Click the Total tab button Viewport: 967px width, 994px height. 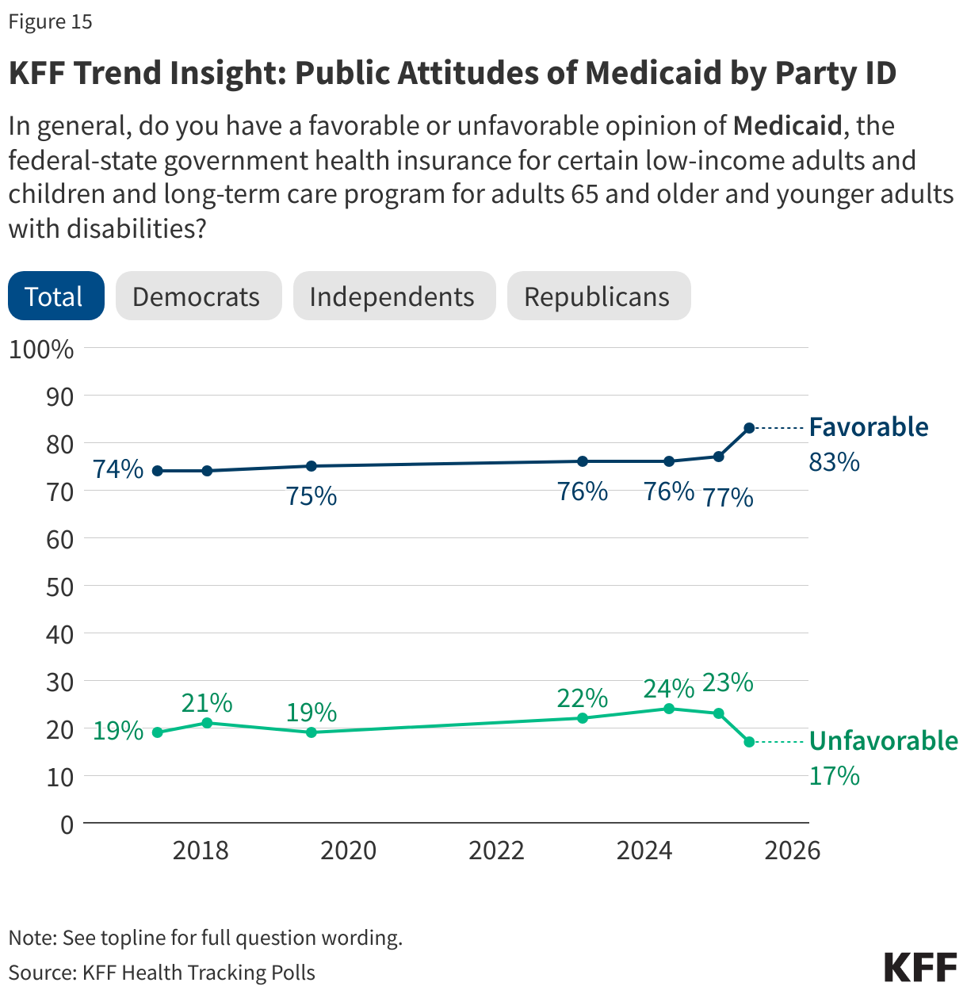click(55, 296)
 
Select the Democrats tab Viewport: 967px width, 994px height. click(198, 296)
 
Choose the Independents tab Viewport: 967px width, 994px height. click(394, 296)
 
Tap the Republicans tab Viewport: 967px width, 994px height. click(598, 296)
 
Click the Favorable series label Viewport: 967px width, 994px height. click(868, 427)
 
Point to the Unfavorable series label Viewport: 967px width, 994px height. click(883, 741)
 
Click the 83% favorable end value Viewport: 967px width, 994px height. click(834, 461)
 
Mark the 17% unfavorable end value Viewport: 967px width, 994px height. click(834, 775)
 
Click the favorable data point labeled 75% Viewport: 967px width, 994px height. click(312, 466)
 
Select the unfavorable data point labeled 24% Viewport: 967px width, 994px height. click(669, 709)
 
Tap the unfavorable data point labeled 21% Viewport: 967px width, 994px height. click(207, 723)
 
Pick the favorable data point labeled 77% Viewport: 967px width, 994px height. click(719, 457)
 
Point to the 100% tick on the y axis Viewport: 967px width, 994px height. click(41, 349)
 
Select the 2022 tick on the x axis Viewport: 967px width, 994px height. click(496, 851)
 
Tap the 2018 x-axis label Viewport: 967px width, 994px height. click(201, 851)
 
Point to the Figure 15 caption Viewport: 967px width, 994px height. click(51, 21)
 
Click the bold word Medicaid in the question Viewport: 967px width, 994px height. click(786, 126)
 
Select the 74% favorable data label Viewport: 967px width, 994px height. click(118, 469)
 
